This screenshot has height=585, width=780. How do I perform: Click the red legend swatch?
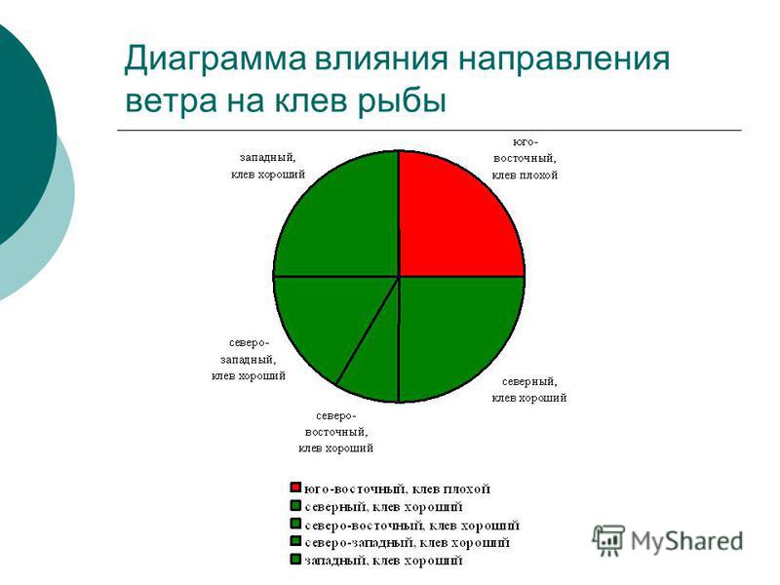(293, 487)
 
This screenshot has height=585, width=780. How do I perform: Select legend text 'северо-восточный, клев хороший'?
(410, 525)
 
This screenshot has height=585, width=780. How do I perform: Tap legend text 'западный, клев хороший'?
(382, 561)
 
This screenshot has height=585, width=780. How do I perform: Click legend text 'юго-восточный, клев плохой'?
(396, 487)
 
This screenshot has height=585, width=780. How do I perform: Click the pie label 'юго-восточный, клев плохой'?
(525, 158)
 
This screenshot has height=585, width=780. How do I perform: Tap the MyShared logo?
(668, 539)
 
